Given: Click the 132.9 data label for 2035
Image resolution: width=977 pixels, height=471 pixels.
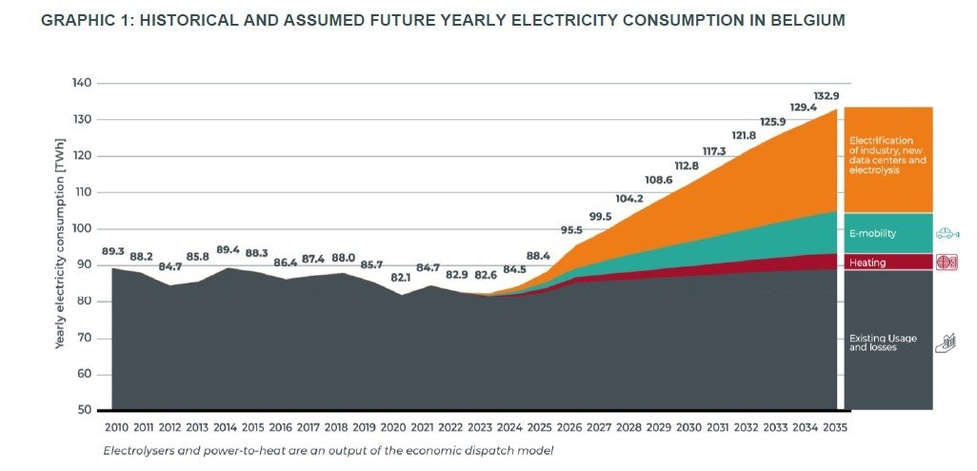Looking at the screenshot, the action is tap(827, 96).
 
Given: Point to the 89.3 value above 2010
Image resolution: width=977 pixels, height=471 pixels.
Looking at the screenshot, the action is tap(112, 251).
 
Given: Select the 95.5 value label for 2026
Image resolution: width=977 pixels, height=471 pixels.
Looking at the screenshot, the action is tap(571, 230).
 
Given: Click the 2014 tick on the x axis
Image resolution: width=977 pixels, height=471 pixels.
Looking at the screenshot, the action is tap(225, 428).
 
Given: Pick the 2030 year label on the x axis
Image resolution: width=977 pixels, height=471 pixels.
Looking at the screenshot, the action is tap(688, 428).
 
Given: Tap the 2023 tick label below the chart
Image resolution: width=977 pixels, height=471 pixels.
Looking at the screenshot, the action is tap(480, 428).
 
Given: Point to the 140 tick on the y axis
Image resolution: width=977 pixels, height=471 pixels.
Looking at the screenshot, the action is tap(82, 83).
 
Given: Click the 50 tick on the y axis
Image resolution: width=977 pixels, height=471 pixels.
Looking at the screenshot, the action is tap(86, 410).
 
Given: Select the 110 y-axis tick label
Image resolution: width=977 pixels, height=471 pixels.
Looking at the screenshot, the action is tap(83, 192).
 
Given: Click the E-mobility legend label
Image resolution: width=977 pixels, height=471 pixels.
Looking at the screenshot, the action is tap(872, 234).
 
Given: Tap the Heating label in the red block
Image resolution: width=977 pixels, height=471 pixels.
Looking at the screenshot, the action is tap(867, 263).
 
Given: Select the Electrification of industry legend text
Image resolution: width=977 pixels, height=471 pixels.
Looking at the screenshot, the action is tap(887, 155).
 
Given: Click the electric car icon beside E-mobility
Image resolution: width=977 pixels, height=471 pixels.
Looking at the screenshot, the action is tap(947, 234).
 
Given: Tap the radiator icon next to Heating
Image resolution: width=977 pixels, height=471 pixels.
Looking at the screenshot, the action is tap(947, 263).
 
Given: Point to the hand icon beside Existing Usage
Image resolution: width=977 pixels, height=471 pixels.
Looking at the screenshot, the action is tap(946, 343).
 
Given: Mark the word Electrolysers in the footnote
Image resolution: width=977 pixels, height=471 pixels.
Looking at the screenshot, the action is tap(131, 450).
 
